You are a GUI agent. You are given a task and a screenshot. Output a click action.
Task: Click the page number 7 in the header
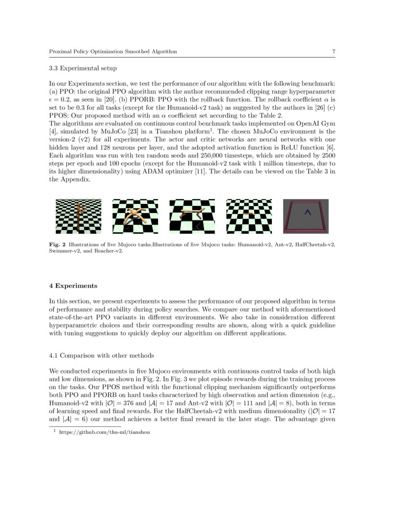[333, 51]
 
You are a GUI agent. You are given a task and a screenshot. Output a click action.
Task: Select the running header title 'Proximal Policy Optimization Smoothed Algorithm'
[113, 51]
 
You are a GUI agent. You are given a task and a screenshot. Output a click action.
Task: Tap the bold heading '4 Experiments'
[73, 286]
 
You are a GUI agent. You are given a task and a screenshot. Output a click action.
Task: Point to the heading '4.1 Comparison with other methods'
[102, 356]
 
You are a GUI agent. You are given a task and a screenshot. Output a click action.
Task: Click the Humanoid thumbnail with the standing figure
[78, 216]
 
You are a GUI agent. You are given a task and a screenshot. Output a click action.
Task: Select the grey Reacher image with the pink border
[306, 216]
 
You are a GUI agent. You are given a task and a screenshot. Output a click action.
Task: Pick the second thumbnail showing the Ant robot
[135, 216]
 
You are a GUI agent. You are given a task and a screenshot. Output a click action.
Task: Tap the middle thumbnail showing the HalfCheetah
[192, 216]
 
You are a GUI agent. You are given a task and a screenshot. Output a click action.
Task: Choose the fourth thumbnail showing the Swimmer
[249, 216]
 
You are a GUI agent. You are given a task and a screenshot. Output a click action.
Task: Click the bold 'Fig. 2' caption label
[57, 245]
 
